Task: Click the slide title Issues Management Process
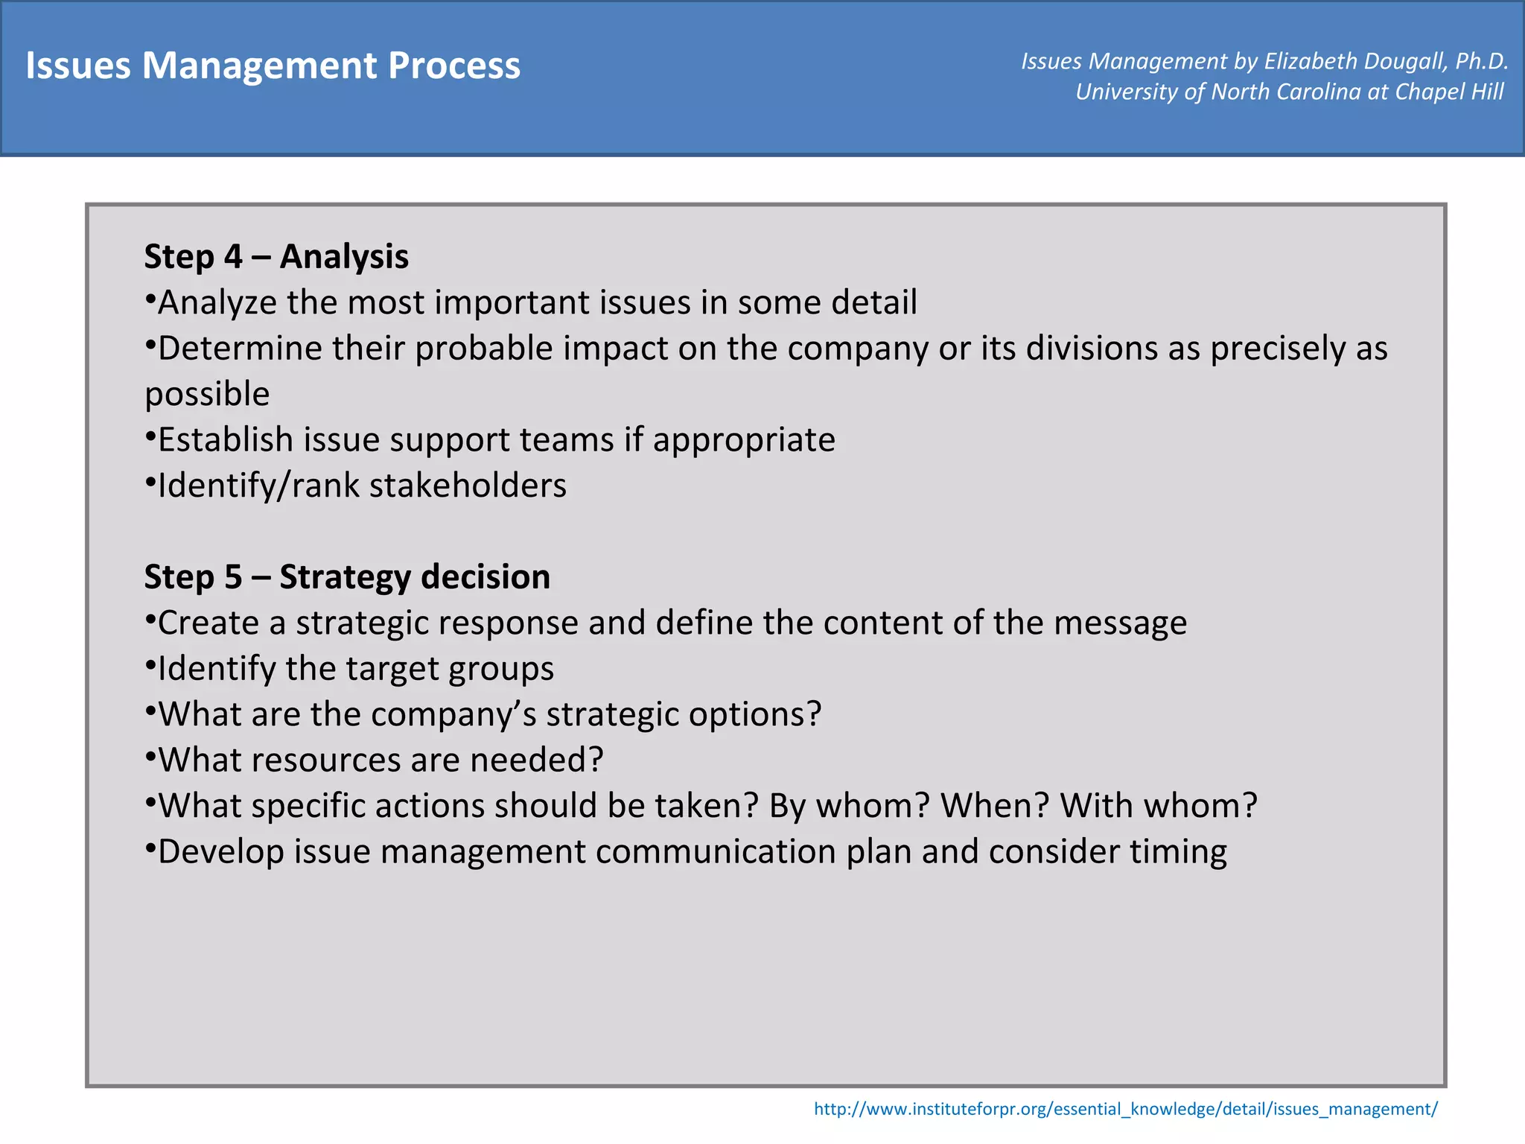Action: (x=273, y=66)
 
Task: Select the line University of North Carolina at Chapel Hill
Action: (x=1289, y=92)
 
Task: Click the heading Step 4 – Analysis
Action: (x=276, y=256)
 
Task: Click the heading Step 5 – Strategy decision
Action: (x=347, y=576)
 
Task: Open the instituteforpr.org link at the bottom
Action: (x=1125, y=1109)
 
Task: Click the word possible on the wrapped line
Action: (x=207, y=394)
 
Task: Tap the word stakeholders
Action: (x=468, y=486)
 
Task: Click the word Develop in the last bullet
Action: (x=221, y=852)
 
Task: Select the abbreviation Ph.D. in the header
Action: (x=1481, y=61)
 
